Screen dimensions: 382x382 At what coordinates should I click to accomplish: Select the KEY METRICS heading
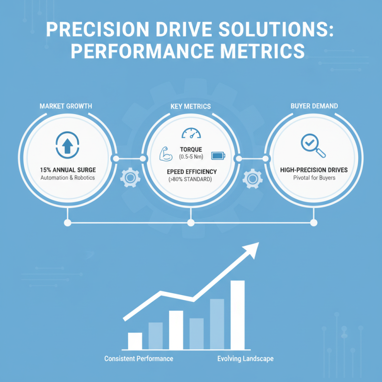(x=191, y=106)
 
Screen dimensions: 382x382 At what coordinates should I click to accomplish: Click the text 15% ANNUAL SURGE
(x=68, y=169)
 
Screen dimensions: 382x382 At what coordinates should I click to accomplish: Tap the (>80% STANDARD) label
(x=191, y=180)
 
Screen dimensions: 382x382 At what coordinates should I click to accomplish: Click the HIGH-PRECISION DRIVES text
(x=313, y=169)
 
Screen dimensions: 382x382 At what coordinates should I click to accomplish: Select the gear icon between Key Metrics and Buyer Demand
(x=252, y=178)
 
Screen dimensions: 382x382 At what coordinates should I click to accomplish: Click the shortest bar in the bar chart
(x=135, y=340)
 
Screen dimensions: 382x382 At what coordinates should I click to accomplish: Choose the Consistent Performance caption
(x=138, y=358)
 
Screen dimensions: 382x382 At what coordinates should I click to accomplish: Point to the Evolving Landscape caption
(x=245, y=358)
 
